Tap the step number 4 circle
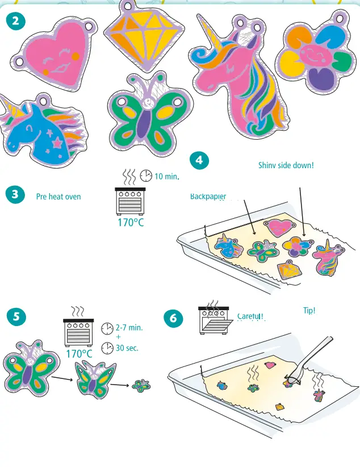click(199, 161)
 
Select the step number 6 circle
click(173, 319)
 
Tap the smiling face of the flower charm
click(311, 55)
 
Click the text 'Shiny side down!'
click(286, 165)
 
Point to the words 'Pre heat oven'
click(58, 197)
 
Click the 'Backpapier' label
click(208, 197)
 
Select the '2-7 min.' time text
click(129, 328)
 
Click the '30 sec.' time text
click(127, 348)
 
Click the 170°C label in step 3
click(131, 222)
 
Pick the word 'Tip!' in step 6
click(309, 311)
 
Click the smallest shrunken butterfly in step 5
click(139, 386)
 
